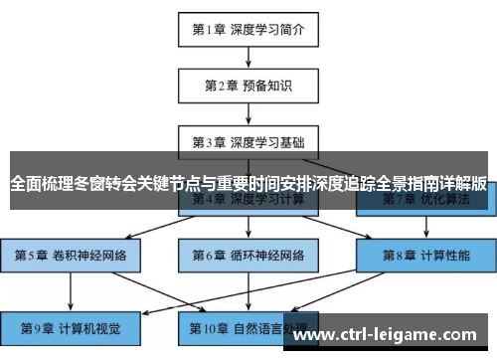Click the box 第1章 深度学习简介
[x=248, y=29]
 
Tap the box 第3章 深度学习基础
[x=248, y=141]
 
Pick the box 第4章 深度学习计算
[x=248, y=199]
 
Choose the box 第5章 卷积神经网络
[x=72, y=255]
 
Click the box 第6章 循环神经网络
[x=248, y=255]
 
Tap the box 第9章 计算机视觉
[x=72, y=325]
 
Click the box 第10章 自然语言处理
[x=248, y=325]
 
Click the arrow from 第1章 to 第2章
[x=248, y=57]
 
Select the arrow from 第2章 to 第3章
[x=248, y=113]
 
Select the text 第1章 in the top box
[x=208, y=29]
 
